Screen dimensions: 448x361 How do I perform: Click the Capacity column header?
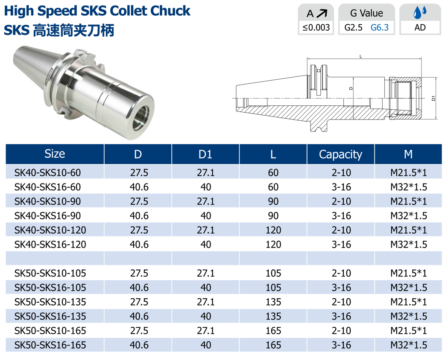tap(340, 154)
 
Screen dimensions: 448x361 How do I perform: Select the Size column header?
tap(55, 154)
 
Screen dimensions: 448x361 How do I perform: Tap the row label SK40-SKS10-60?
tap(47, 173)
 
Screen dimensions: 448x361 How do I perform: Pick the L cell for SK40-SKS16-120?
tap(273, 245)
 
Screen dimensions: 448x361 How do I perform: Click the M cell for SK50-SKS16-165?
tap(409, 345)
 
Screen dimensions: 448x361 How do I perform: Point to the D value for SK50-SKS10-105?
tap(139, 274)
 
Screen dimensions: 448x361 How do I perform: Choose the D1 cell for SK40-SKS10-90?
tap(205, 201)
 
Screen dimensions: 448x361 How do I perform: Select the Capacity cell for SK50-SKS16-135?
tap(341, 317)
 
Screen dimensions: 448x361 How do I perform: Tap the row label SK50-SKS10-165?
tap(50, 331)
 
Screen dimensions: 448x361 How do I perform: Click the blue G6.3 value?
tap(379, 28)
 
